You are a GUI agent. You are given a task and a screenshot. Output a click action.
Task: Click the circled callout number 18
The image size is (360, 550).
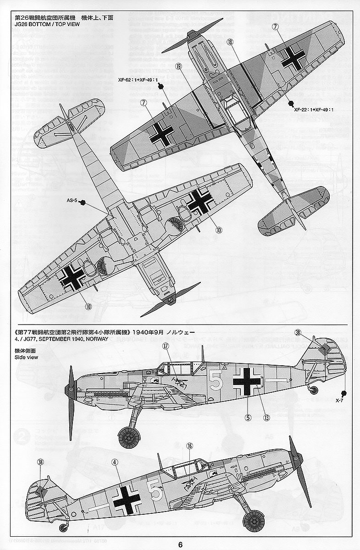[230, 42]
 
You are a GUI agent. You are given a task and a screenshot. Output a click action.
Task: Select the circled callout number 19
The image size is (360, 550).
[179, 66]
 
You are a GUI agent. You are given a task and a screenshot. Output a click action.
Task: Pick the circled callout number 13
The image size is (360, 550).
[266, 417]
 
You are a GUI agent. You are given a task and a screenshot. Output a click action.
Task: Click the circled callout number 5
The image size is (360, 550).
[248, 417]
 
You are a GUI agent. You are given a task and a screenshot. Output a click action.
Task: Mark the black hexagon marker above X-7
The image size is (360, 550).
[343, 393]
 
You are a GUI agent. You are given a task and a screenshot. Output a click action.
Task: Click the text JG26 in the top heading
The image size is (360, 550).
[22, 24]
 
